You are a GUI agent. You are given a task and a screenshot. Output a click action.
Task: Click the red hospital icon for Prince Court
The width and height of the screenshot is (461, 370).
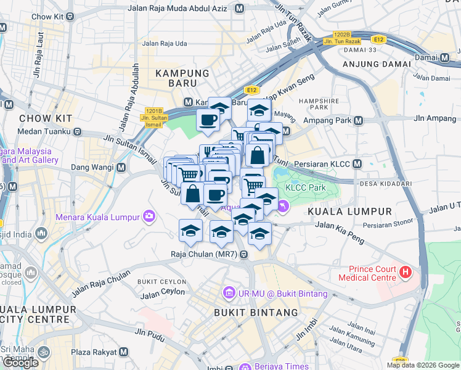click(406, 271)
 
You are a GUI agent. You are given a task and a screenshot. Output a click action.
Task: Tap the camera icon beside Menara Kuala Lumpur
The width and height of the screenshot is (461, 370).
click(149, 216)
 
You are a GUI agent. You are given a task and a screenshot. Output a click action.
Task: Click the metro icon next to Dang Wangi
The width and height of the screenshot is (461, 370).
click(121, 167)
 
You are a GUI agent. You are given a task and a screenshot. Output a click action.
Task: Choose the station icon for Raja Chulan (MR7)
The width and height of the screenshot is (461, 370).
click(245, 253)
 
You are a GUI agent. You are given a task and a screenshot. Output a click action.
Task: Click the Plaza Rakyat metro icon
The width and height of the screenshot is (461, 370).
click(124, 351)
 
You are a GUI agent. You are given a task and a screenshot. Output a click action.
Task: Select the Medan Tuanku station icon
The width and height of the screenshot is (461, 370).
click(79, 131)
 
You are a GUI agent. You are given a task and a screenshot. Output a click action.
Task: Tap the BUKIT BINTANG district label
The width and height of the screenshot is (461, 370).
click(256, 313)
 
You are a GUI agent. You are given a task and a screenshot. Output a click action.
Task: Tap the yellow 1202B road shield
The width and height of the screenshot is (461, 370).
click(341, 35)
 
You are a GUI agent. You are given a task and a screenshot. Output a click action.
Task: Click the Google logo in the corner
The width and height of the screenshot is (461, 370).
click(20, 363)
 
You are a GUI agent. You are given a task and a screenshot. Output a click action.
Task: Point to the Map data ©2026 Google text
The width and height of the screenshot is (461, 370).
click(423, 365)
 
